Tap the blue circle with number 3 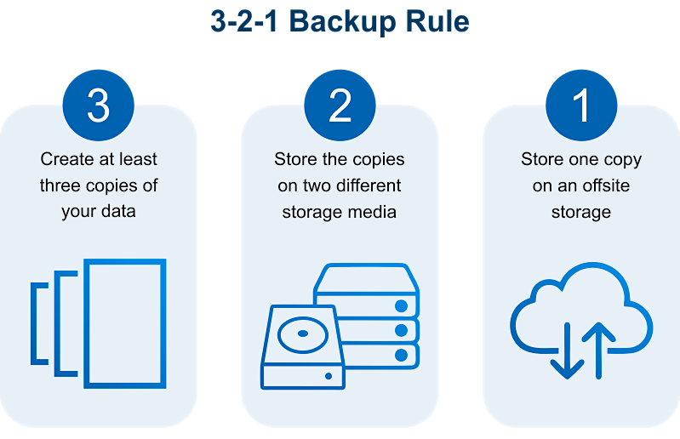point(99,105)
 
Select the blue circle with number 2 point(340,105)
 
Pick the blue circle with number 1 point(581,105)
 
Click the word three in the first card point(60,185)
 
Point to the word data point(118,212)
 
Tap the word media point(375,212)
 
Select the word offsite point(606,185)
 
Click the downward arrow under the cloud point(568,351)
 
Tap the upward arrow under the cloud point(598,351)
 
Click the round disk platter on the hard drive point(303,334)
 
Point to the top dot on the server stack point(401,306)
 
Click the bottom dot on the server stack point(401,356)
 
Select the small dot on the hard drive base point(329,376)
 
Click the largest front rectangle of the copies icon point(125,259)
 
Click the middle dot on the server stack point(401,331)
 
